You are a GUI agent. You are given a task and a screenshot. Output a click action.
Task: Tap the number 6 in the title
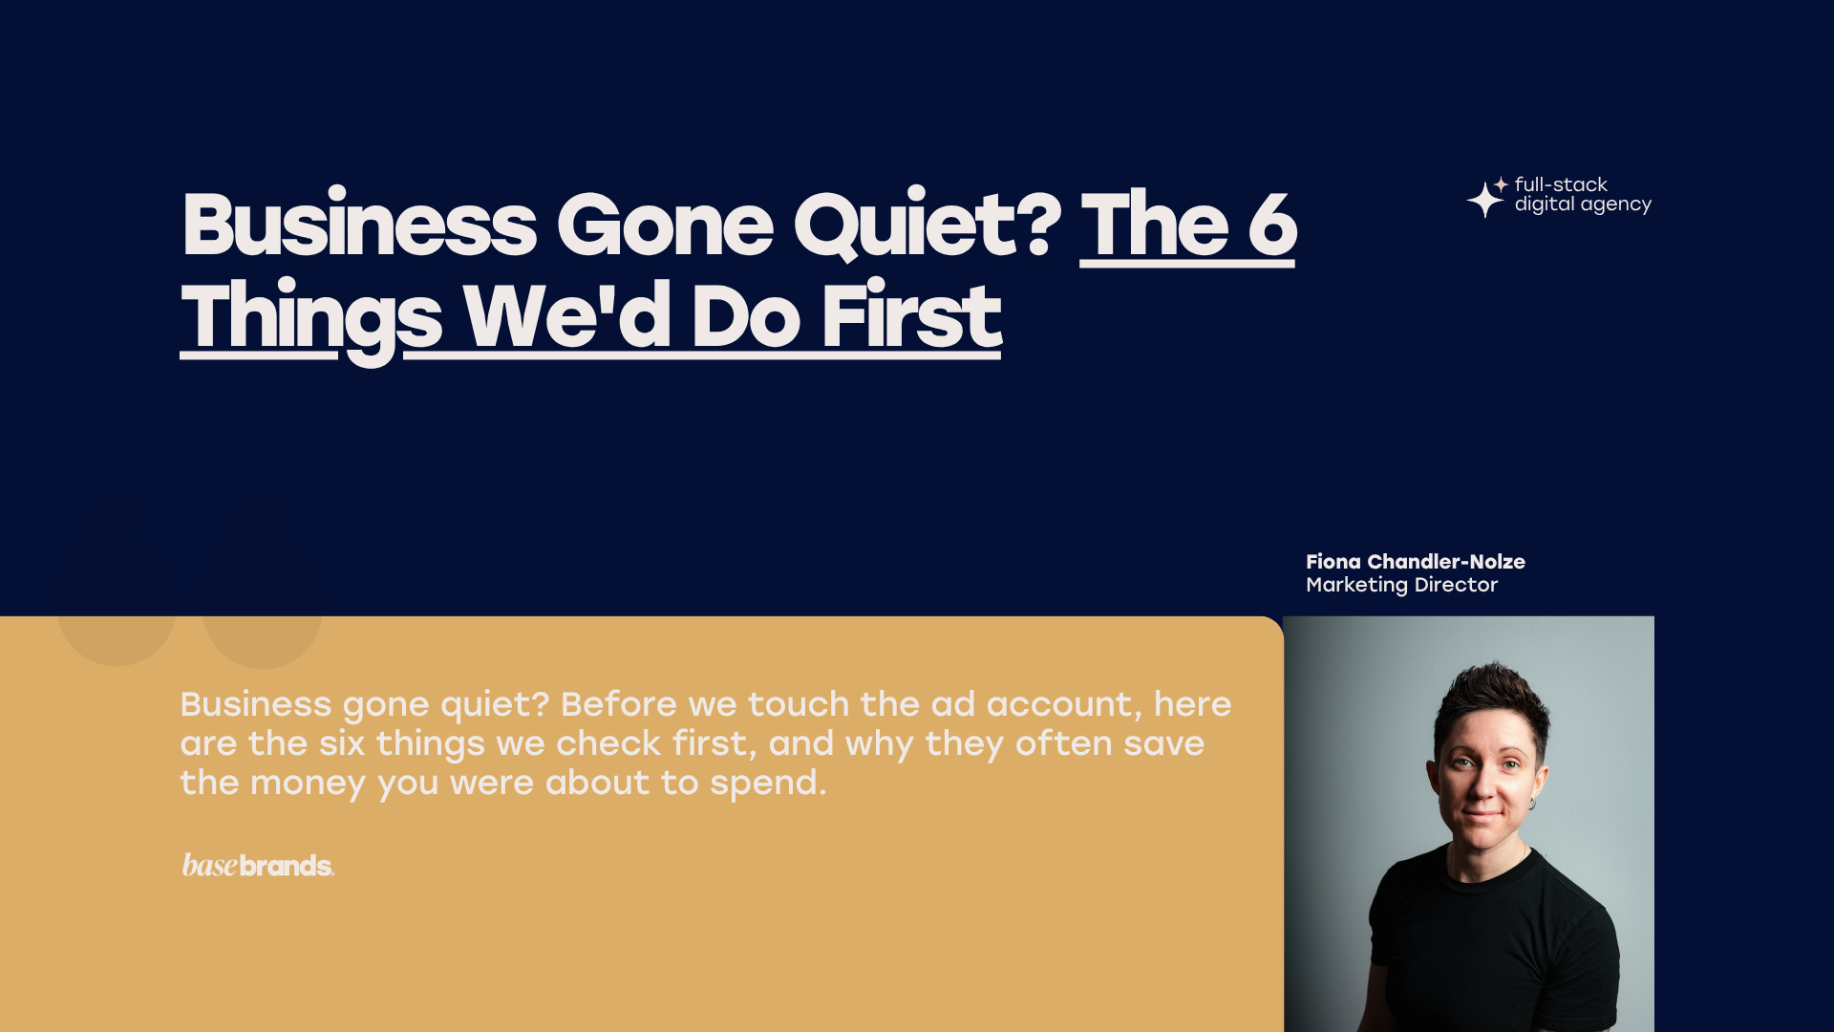pyautogui.click(x=1272, y=225)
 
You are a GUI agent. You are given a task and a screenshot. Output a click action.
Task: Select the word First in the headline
pyautogui.click(x=912, y=315)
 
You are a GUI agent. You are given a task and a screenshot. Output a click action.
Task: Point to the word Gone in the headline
pyautogui.click(x=665, y=226)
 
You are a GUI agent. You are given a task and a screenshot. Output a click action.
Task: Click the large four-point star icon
pyautogui.click(x=1484, y=200)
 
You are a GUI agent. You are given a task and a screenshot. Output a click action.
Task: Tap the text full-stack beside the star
pyautogui.click(x=1561, y=184)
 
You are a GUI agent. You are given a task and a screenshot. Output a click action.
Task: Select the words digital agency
pyautogui.click(x=1583, y=204)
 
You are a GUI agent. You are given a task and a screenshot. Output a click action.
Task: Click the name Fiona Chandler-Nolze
pyautogui.click(x=1416, y=562)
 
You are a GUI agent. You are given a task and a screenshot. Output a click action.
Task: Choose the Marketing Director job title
pyautogui.click(x=1401, y=585)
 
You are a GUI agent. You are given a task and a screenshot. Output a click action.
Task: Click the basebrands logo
pyautogui.click(x=258, y=865)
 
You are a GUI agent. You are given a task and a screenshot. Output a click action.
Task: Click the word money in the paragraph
pyautogui.click(x=308, y=784)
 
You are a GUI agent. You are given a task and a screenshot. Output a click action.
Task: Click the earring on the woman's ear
pyautogui.click(x=1531, y=805)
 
